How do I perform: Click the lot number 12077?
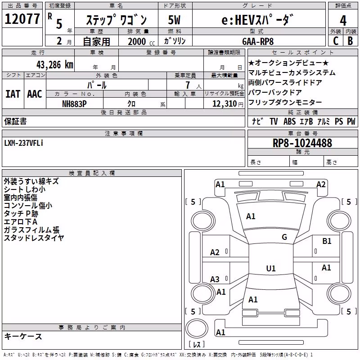pyautogui.click(x=22, y=19)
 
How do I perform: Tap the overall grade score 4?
pyautogui.click(x=343, y=21)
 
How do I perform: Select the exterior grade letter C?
pyautogui.click(x=336, y=41)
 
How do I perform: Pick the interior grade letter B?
pyautogui.click(x=350, y=41)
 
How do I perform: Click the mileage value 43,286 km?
pyautogui.click(x=54, y=65)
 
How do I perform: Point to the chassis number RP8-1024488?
pyautogui.click(x=302, y=143)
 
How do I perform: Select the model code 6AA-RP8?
pyautogui.click(x=258, y=41)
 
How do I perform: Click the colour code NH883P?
pyautogui.click(x=74, y=104)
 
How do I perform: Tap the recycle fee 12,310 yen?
pyautogui.click(x=228, y=104)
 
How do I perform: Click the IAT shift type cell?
pyautogui.click(x=13, y=94)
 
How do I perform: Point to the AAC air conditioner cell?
pyautogui.click(x=35, y=94)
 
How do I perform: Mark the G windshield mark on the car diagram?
pyautogui.click(x=284, y=237)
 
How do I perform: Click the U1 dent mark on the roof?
pyautogui.click(x=271, y=268)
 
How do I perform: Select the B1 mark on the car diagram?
pyautogui.click(x=327, y=241)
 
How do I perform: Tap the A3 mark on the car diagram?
pyautogui.click(x=215, y=279)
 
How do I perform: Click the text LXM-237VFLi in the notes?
pyautogui.click(x=24, y=143)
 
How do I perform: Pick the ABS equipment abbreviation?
pyautogui.click(x=289, y=121)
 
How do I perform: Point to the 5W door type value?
pyautogui.click(x=174, y=20)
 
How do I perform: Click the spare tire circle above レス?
pyautogui.click(x=197, y=328)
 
